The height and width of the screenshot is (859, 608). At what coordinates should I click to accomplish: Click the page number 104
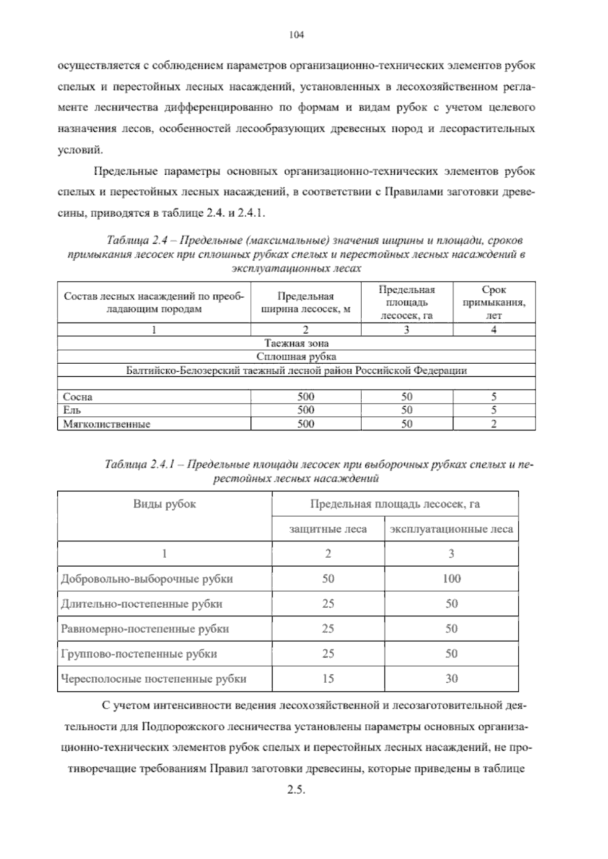tap(295, 35)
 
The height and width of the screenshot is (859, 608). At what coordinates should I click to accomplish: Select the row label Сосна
tap(78, 397)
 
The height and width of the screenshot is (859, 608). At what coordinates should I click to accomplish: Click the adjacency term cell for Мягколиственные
tap(493, 424)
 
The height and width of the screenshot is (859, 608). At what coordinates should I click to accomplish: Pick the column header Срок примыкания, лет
tap(493, 302)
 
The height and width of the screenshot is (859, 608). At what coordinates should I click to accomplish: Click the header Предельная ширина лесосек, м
tap(306, 302)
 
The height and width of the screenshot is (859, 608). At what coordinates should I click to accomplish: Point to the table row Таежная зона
tap(296, 343)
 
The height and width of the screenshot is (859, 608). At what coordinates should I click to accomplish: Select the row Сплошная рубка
tap(296, 357)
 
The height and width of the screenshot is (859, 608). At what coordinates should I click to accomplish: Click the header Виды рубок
tap(165, 504)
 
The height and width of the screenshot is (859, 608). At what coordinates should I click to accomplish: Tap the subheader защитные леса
tap(328, 529)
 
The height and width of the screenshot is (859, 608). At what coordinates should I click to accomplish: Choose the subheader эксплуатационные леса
tap(451, 529)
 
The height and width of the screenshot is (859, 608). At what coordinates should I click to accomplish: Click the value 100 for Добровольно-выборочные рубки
tap(451, 579)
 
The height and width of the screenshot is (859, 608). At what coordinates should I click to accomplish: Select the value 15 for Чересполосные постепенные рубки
tap(328, 679)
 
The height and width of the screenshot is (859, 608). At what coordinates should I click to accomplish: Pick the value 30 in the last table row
tap(451, 679)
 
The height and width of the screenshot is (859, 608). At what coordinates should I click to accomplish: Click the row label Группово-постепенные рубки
tap(139, 654)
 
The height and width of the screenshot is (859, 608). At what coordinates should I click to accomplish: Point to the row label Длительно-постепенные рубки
tap(141, 604)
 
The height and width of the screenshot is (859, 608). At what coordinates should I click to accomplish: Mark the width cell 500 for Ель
tap(306, 410)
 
